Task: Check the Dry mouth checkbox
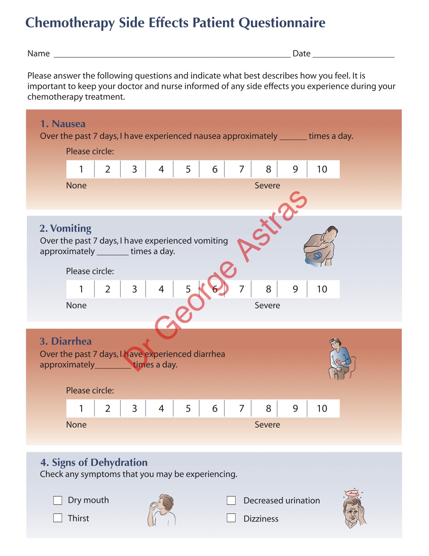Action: point(58,500)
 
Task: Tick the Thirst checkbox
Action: point(58,518)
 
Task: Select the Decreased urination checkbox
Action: point(231,500)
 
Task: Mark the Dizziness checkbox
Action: point(231,518)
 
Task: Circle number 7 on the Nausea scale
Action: point(242,169)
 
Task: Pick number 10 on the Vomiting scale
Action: point(322,289)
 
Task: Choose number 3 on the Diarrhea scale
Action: point(134,408)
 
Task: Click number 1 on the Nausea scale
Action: point(81,169)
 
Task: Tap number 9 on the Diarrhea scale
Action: point(295,408)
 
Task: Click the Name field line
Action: point(172,55)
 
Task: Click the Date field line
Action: point(353,55)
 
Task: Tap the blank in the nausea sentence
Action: point(293,137)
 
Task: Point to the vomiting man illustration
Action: point(321,247)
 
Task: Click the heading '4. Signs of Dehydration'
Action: point(94,462)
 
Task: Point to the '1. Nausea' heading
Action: point(63,124)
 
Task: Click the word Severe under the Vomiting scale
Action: point(267,305)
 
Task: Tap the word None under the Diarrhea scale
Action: point(76,425)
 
